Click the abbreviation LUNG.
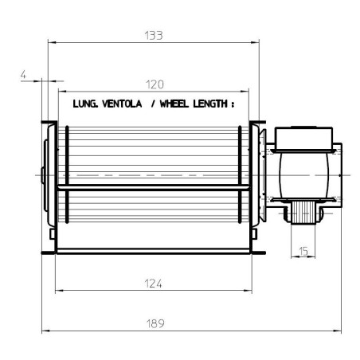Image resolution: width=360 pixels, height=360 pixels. [86, 104]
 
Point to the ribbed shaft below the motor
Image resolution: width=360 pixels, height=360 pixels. [303, 212]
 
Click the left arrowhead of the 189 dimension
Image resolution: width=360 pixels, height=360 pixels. [45, 330]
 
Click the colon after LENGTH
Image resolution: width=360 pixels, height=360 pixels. [235, 104]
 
